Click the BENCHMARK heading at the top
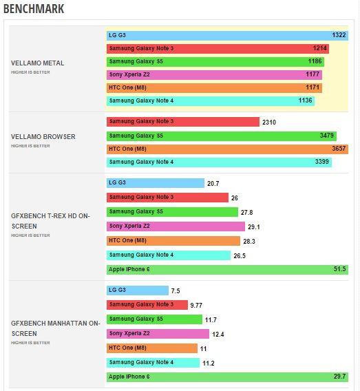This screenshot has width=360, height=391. point(34,10)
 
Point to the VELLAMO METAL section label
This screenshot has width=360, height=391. point(38,63)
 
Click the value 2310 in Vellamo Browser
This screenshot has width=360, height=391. point(270,122)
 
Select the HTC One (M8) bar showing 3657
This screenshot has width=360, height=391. point(227,149)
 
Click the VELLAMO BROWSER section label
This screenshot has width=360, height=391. point(43,136)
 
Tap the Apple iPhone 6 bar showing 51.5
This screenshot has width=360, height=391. point(227,269)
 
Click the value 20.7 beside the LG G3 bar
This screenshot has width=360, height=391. point(213,183)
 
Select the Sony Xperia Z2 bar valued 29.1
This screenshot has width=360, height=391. point(176,226)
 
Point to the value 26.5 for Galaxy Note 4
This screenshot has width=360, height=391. point(239,255)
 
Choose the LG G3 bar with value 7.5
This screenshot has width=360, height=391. point(138,290)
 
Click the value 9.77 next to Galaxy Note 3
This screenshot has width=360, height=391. point(197,305)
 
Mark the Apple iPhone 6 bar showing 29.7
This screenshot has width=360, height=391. point(227,377)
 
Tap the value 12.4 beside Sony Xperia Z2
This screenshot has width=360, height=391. point(218,334)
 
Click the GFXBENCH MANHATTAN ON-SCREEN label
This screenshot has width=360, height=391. point(56,327)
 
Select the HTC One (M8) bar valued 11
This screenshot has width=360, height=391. point(152,348)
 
